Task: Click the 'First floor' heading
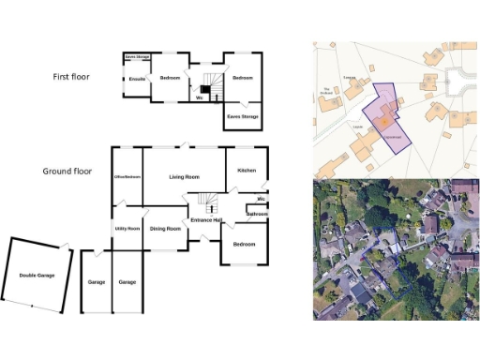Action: [70, 76]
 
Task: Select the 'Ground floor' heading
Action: [69, 172]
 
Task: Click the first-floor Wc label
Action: [200, 97]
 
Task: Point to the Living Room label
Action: [184, 176]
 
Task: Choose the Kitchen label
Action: [247, 170]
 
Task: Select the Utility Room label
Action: [127, 228]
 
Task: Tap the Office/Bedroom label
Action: [127, 176]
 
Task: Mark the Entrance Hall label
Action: [205, 219]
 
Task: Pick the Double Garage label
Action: [37, 275]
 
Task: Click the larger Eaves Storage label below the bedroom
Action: [242, 116]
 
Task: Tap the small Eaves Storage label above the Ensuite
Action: [138, 56]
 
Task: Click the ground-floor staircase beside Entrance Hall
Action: [206, 202]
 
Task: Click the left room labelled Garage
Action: [96, 282]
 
